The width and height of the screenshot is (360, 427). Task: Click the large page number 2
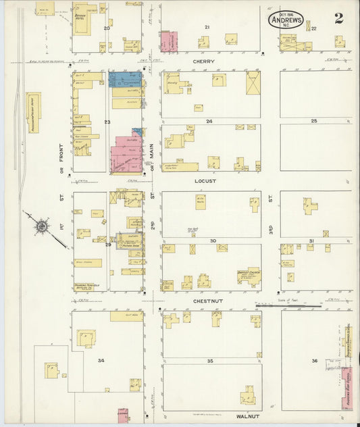[x=338, y=18]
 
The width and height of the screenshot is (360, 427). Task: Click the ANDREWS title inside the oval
[x=286, y=20]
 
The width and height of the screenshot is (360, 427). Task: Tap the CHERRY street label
[x=203, y=61]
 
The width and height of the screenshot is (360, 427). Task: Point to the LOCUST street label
[x=203, y=182]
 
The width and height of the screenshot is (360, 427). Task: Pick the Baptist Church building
[x=249, y=276]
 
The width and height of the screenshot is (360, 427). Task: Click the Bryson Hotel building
[x=84, y=15]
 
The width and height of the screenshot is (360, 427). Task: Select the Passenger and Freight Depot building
[x=33, y=112]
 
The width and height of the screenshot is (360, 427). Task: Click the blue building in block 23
[x=125, y=79]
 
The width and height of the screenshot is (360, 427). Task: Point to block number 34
[x=101, y=360]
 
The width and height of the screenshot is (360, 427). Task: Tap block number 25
[x=313, y=121]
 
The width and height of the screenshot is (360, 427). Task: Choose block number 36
[x=314, y=361]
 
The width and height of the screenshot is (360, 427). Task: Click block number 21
[x=207, y=27]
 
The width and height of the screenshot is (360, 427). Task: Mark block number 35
[x=210, y=361]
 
